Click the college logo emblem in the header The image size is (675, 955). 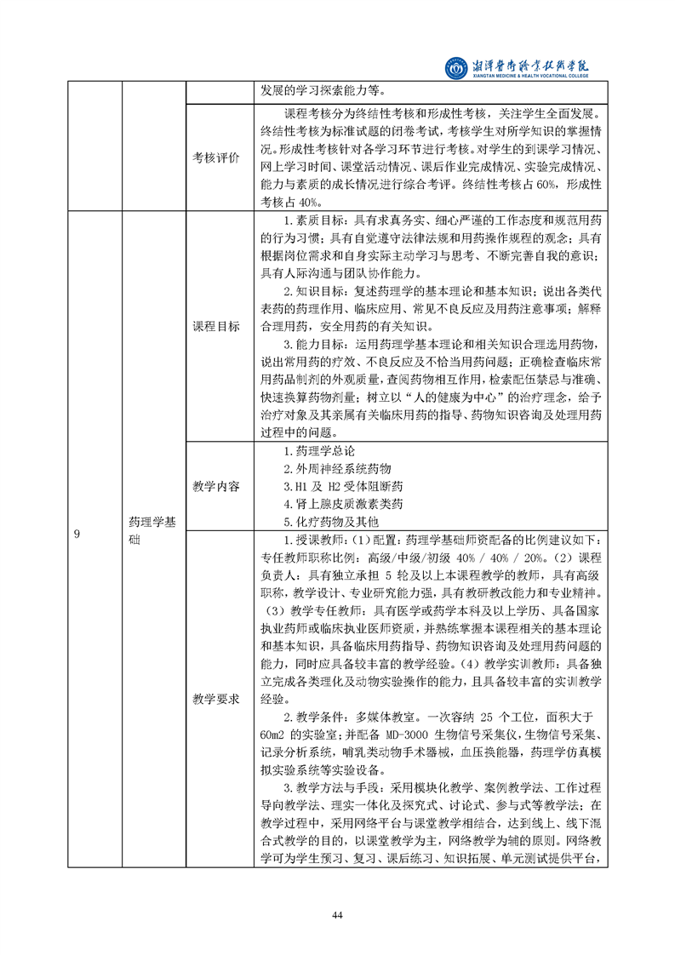pos(457,66)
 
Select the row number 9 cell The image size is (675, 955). pos(77,534)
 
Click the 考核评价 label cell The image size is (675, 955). pos(216,158)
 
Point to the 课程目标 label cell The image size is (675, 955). pos(216,327)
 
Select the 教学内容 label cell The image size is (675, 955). pos(216,486)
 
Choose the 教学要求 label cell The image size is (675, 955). pos(216,699)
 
